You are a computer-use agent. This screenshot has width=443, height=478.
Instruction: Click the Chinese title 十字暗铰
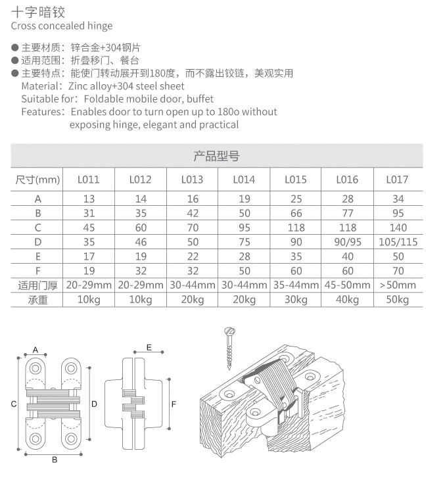(x=38, y=12)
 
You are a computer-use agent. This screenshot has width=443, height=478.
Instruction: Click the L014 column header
(x=244, y=179)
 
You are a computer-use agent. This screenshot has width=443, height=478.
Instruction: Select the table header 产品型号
(x=217, y=156)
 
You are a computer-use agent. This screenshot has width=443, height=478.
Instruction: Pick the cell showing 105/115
(x=398, y=242)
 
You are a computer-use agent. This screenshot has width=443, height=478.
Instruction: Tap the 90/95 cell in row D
(x=347, y=242)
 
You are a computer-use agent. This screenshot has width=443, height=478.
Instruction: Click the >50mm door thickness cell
(x=398, y=285)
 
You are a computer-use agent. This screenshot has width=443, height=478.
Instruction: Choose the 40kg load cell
(x=347, y=300)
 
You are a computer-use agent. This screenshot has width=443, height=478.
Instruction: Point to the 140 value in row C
(x=398, y=227)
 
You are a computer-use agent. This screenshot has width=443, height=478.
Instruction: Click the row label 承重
(x=37, y=300)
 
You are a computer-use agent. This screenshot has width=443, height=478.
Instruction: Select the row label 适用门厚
(x=37, y=285)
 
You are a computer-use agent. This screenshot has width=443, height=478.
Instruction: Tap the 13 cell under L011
(x=89, y=199)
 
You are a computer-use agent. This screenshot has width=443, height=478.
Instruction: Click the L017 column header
(x=397, y=179)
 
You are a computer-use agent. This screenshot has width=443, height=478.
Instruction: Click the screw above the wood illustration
(x=230, y=348)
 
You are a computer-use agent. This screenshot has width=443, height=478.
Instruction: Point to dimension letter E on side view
(x=149, y=347)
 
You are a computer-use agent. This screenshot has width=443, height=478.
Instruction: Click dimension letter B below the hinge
(x=55, y=460)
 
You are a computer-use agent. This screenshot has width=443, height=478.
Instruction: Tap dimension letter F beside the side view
(x=174, y=404)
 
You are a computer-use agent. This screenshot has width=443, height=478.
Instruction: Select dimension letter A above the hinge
(x=35, y=350)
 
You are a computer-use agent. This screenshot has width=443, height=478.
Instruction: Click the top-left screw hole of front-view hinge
(x=35, y=369)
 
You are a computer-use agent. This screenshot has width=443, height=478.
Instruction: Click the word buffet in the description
(x=200, y=99)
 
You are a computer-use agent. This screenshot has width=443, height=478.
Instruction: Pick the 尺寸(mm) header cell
(x=37, y=179)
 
